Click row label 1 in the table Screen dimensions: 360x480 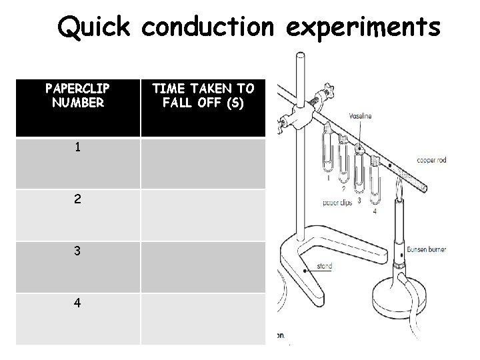click(78, 147)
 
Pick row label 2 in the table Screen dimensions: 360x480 click(78, 199)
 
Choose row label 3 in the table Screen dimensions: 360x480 click(78, 251)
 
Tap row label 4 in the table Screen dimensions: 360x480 click(78, 302)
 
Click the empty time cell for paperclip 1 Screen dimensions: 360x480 click(203, 163)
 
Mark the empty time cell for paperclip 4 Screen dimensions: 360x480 click(203, 319)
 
